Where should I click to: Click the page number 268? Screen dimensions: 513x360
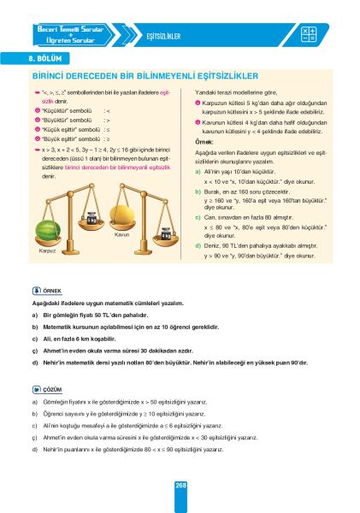[180, 486]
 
